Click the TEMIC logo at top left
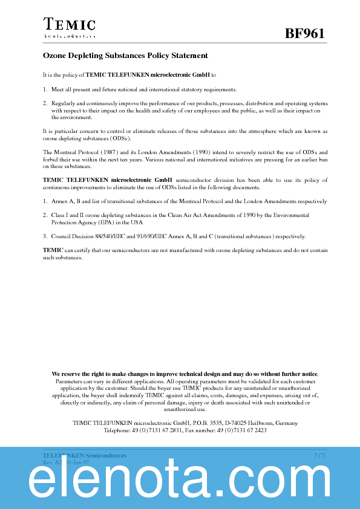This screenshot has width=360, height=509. point(69,27)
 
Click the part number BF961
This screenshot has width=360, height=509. point(305,34)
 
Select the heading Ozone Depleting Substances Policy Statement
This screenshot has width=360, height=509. point(125,56)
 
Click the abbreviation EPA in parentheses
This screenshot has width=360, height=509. point(109,222)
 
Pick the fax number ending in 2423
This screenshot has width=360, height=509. point(243,430)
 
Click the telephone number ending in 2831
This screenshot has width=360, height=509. point(158,430)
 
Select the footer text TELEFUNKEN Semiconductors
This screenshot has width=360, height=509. point(85,455)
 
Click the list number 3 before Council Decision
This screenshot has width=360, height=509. point(45,236)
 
